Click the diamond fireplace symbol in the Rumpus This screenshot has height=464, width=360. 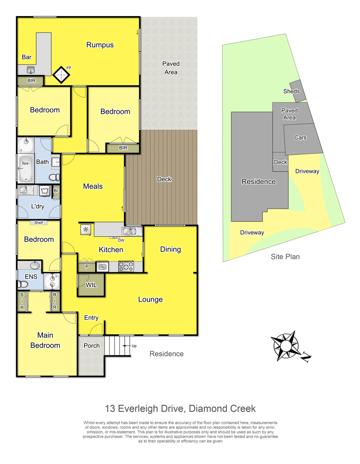point(61,75)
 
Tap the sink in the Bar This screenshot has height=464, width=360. point(31,70)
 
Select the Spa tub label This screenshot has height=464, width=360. point(25,163)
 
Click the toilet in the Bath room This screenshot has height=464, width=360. point(54,177)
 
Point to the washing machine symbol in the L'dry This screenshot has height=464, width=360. point(44,190)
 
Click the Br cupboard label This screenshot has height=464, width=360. point(56,190)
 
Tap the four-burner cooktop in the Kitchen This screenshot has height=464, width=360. point(126,266)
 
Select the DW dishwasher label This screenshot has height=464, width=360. point(121,240)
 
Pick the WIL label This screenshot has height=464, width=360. point(91,285)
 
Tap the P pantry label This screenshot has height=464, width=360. point(87,266)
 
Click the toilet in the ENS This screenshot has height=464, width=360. point(22,284)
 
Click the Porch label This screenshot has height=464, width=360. point(91,346)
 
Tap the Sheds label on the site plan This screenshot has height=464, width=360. point(291,91)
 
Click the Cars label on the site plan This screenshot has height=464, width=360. point(300,137)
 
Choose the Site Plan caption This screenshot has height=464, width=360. point(285,257)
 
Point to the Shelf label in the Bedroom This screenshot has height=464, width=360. point(39,222)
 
